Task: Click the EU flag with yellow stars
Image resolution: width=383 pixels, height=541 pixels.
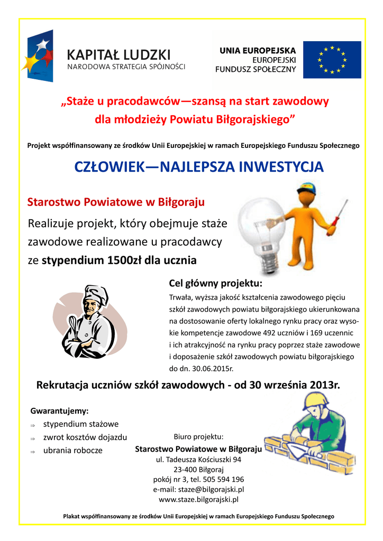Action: tap(332, 60)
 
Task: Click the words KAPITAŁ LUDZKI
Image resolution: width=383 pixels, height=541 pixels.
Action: tap(118, 54)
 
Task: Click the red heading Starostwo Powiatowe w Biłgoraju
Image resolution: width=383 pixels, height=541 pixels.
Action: tap(116, 202)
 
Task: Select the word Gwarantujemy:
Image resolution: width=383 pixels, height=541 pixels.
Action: tap(59, 411)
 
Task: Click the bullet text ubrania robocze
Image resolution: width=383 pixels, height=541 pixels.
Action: tap(72, 451)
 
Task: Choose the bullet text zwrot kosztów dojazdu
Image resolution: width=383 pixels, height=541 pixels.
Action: tap(85, 437)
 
